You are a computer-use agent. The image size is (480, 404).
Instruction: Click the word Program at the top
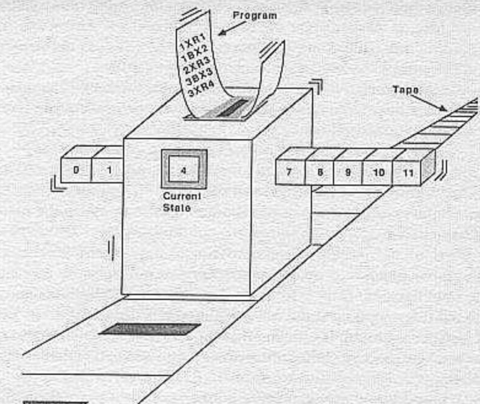point(255,15)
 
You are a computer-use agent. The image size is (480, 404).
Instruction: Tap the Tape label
point(406,90)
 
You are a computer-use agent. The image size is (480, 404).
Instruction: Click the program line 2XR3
point(197,65)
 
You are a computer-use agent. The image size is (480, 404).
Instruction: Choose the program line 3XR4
point(202,88)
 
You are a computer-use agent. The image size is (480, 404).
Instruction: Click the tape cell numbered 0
point(76,170)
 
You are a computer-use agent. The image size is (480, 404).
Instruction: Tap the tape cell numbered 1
point(108,170)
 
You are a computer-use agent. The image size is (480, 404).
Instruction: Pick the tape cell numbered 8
point(319,172)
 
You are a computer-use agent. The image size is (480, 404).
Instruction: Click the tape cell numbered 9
point(348,172)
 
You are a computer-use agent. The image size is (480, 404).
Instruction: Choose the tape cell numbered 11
point(407,173)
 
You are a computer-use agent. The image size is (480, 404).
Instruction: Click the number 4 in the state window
point(184,171)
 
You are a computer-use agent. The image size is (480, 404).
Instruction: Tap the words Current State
point(182,202)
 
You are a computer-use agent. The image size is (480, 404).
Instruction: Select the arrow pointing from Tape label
point(428,103)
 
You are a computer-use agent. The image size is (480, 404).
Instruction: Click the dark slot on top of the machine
point(232,108)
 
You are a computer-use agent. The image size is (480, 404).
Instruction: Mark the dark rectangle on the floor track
point(150,329)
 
